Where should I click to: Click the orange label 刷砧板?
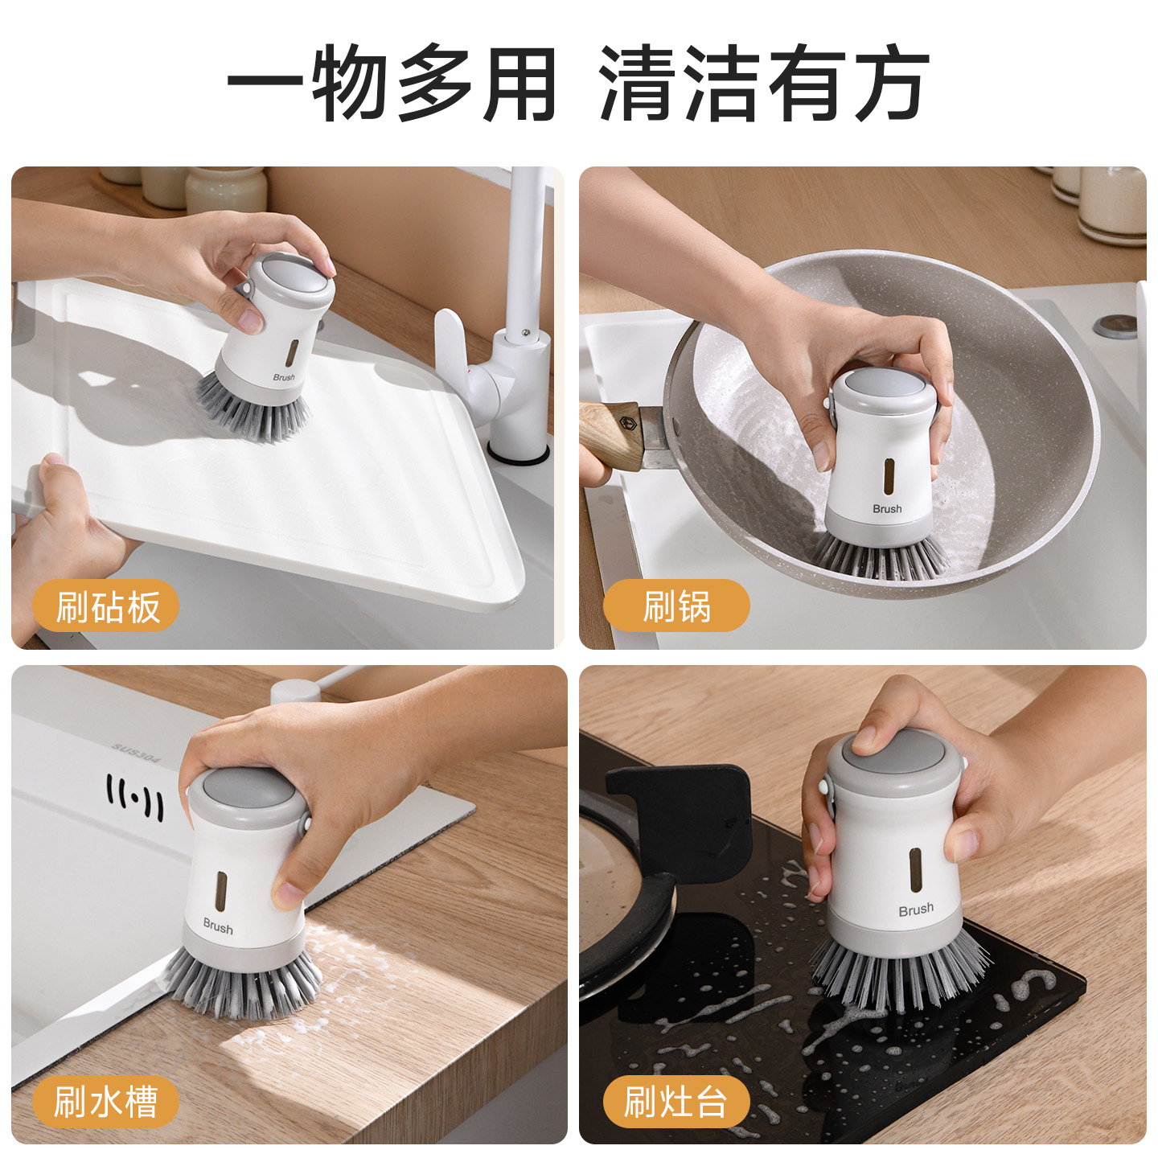[106, 606]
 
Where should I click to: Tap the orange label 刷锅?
[676, 606]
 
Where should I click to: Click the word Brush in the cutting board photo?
[284, 377]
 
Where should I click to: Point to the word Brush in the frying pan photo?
[887, 509]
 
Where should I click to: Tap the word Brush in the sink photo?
[218, 926]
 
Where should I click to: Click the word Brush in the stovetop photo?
[916, 910]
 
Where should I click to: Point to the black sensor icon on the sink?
[134, 798]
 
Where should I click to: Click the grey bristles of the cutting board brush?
[253, 409]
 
